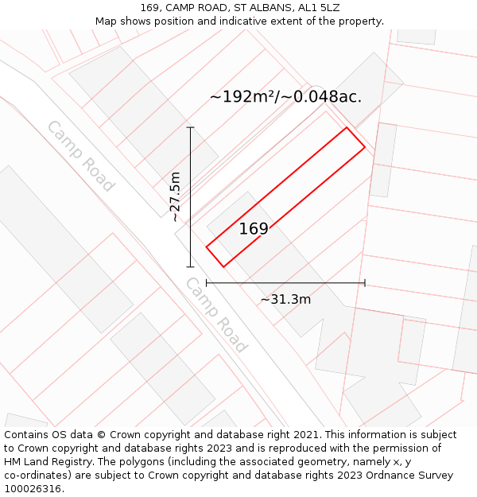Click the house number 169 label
click(254, 229)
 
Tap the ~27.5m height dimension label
click(176, 197)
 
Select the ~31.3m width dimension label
click(285, 300)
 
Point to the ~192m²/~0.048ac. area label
click(285, 97)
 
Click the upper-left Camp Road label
click(80, 156)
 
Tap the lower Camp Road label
click(216, 315)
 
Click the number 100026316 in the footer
click(32, 489)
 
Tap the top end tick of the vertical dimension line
click(190, 127)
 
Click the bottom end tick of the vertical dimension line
click(190, 267)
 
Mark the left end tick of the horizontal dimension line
click(207, 282)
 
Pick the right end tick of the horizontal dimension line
click(365, 282)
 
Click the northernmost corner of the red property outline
click(346, 127)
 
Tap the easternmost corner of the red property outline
click(365, 147)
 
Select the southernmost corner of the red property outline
click(224, 267)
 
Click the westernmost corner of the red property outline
click(207, 247)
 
